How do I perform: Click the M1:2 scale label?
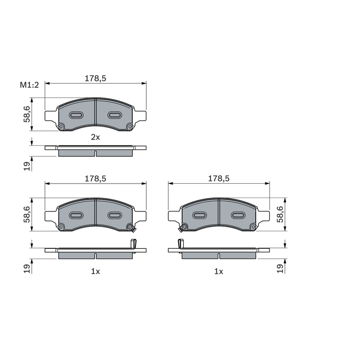click(29, 85)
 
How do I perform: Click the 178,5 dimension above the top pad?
click(95, 78)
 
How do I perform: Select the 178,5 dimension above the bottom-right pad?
click(219, 178)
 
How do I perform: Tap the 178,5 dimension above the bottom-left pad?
click(95, 178)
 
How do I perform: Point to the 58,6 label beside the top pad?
click(27, 114)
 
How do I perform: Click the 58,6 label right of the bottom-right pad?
click(280, 214)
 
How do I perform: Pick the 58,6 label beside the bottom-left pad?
click(27, 214)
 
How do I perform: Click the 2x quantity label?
click(95, 137)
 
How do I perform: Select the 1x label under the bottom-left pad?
click(95, 272)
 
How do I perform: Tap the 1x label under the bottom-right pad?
click(219, 272)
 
